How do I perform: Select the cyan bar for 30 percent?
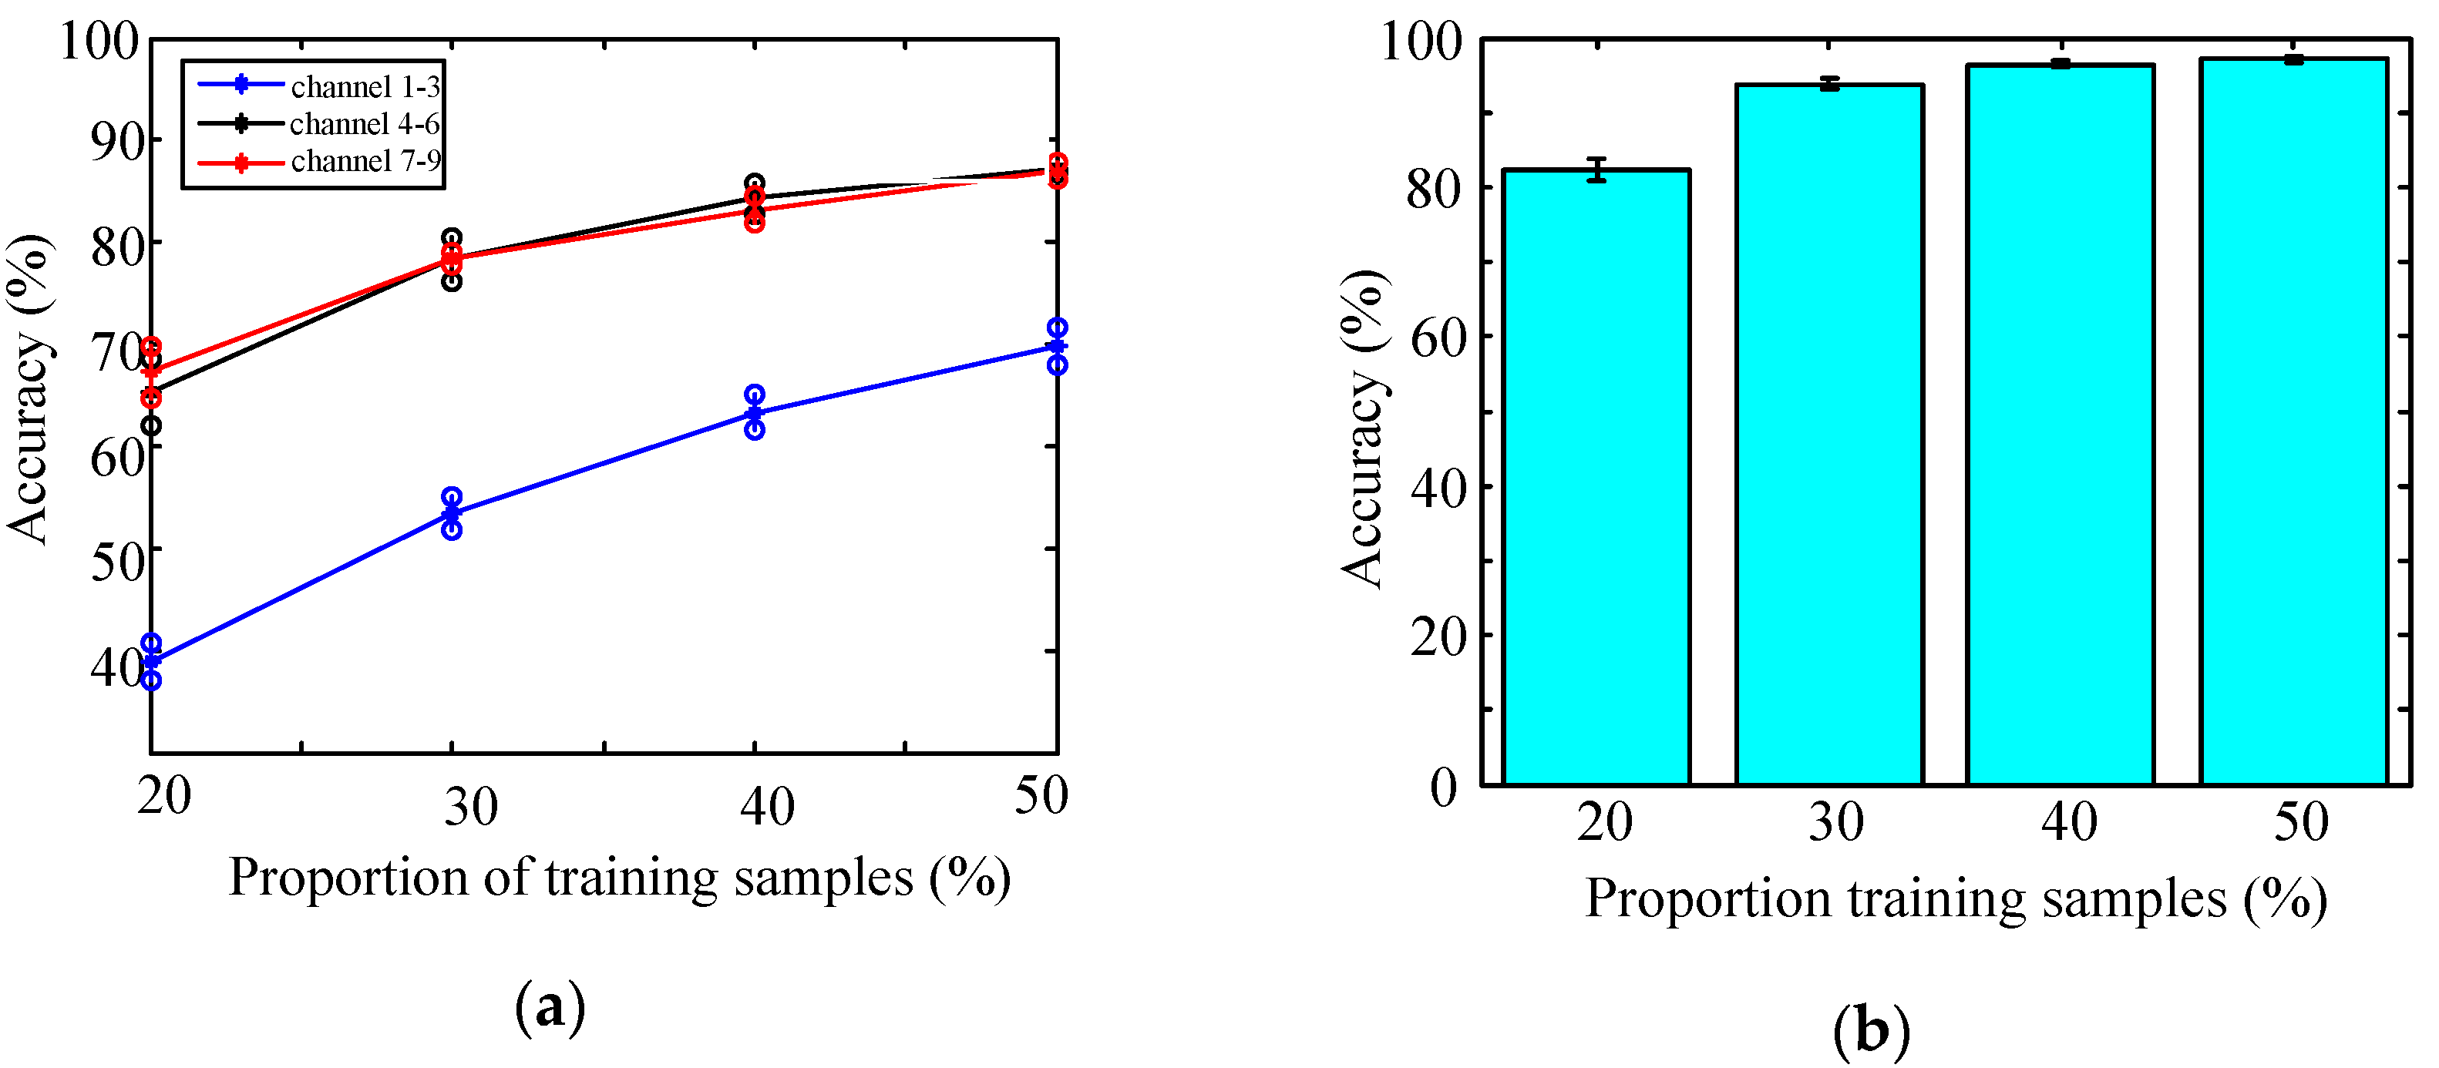pos(1829,435)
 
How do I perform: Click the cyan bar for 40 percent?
pos(2061,425)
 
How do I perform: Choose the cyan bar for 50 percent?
pos(2293,422)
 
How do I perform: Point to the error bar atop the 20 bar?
pos(1597,170)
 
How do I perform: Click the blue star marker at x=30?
pos(452,514)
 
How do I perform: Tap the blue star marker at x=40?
pos(755,414)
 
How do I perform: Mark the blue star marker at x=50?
pos(1058,347)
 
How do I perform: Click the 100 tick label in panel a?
pos(99,42)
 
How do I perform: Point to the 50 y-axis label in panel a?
pos(116,562)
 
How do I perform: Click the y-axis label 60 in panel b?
pos(1437,339)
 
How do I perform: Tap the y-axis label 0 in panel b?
pos(1443,786)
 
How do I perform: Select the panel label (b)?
pos(1871,1030)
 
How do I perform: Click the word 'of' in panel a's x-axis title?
pos(507,878)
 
